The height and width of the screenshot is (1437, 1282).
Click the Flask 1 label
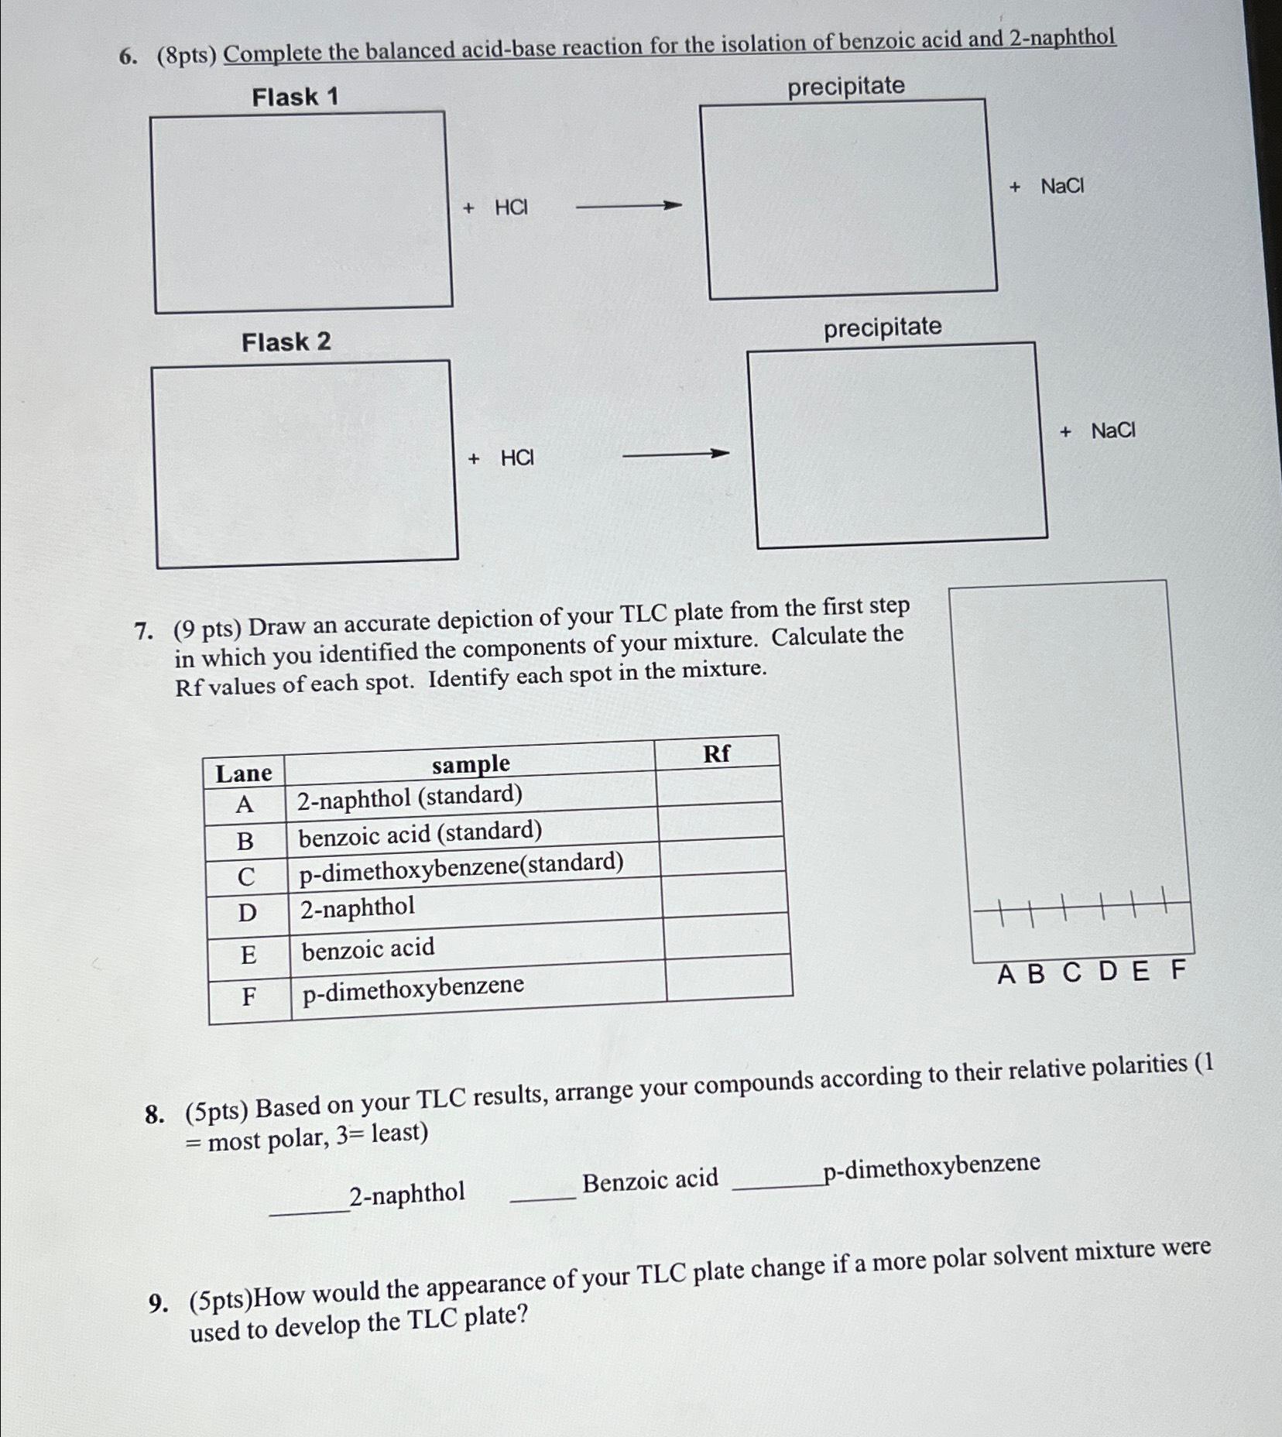point(295,97)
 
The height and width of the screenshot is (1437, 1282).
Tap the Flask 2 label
point(286,341)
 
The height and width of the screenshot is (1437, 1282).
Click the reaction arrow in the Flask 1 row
point(629,206)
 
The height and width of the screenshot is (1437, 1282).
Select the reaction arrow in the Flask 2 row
point(676,454)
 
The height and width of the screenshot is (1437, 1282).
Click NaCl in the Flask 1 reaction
point(1062,186)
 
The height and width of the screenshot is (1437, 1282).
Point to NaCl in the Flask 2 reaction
point(1113,430)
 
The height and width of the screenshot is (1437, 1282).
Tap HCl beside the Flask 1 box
point(511,207)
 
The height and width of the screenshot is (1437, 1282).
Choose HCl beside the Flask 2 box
point(517,458)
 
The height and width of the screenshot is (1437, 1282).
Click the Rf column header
point(716,753)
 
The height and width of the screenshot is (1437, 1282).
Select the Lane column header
point(244,773)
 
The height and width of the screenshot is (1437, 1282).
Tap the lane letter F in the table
point(249,996)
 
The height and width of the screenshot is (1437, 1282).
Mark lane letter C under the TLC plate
point(1071,972)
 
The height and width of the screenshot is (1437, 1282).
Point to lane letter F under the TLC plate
point(1177,969)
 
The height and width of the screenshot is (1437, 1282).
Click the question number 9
point(156,1305)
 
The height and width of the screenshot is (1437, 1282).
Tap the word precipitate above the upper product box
point(846,86)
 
